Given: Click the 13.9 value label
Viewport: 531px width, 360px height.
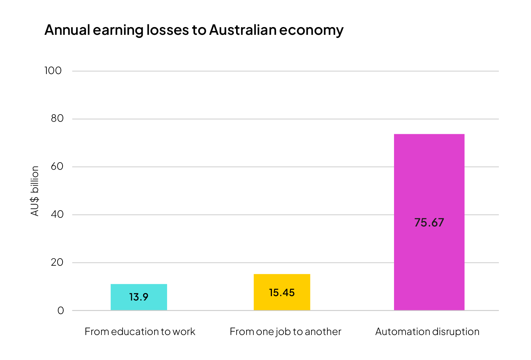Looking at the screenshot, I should [x=139, y=297].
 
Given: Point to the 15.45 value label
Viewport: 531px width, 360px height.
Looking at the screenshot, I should [x=282, y=292].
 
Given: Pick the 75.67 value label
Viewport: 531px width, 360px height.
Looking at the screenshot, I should [x=429, y=222].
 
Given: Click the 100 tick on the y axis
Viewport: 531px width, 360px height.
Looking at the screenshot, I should [x=53, y=71].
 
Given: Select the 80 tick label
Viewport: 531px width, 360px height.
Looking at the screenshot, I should [x=57, y=118].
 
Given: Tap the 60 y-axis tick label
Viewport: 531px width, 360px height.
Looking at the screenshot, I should [x=57, y=166].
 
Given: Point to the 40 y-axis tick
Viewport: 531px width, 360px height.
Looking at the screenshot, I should [x=57, y=214].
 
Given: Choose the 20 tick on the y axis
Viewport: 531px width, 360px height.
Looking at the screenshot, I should [x=57, y=262].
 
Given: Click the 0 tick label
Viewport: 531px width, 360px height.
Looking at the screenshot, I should [x=61, y=310].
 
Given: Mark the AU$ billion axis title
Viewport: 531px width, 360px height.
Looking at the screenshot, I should [x=35, y=191].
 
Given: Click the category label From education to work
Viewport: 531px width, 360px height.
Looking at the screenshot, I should [x=140, y=332].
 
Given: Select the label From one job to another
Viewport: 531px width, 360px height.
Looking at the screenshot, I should [x=285, y=332].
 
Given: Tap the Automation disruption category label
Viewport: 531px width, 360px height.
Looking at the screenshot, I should [x=427, y=332].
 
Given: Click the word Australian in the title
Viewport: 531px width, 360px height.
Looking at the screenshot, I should [x=243, y=30].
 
